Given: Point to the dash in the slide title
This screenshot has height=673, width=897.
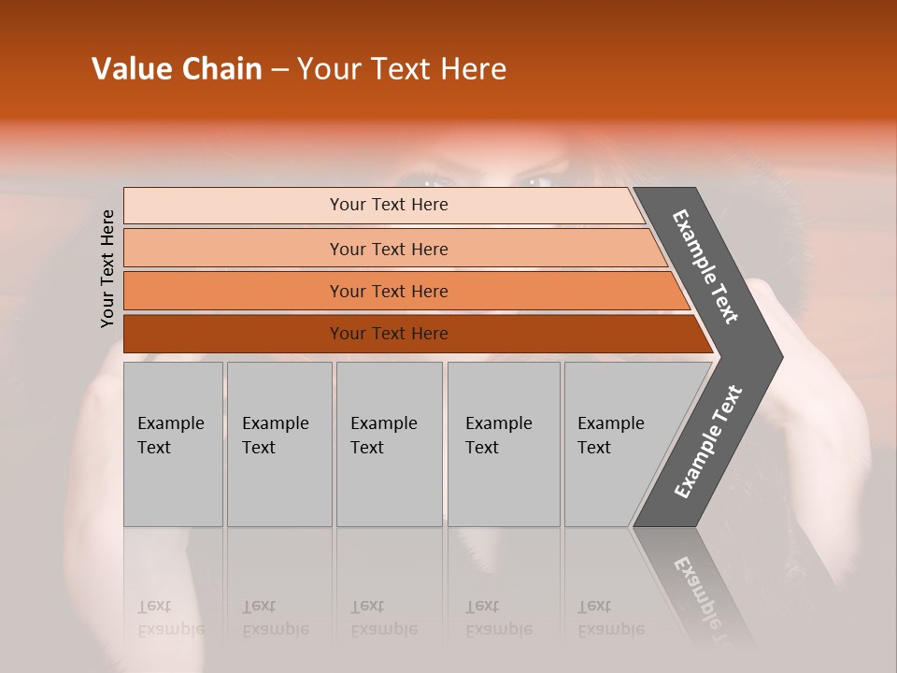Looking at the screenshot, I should pos(280,70).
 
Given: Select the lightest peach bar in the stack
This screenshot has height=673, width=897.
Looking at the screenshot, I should pos(383,205).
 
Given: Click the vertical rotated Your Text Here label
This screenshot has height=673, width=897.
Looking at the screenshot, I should pos(107,269).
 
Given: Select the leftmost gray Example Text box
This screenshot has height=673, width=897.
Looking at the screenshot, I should pos(173,444).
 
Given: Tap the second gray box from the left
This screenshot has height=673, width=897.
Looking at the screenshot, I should pos(279,444).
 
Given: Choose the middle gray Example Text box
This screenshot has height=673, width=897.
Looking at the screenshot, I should pos(389,444).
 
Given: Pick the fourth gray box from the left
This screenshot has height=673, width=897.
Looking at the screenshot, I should pos(504,444).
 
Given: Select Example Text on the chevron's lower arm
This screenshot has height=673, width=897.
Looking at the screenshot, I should pos(707,441).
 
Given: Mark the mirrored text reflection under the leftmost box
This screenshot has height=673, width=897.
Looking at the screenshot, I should pos(171,618).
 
